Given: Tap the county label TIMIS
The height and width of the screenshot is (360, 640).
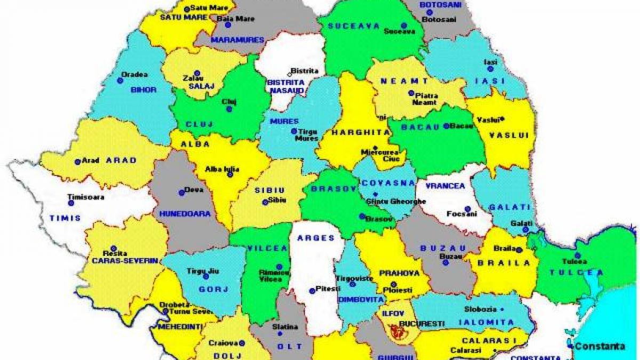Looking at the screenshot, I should pyautogui.click(x=65, y=218).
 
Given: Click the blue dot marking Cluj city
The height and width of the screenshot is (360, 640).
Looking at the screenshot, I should pyautogui.click(x=229, y=109).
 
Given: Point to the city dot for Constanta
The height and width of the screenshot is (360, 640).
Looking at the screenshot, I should pyautogui.click(x=571, y=346).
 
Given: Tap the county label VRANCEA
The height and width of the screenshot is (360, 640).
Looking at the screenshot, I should pyautogui.click(x=445, y=186).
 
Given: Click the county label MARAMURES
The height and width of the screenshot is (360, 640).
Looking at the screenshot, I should pyautogui.click(x=230, y=39).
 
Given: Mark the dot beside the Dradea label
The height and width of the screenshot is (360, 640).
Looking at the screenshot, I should pyautogui.click(x=120, y=81).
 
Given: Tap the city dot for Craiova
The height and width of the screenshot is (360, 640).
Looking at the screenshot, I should pyautogui.click(x=242, y=343).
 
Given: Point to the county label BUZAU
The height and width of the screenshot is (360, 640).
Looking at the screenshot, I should pyautogui.click(x=443, y=248).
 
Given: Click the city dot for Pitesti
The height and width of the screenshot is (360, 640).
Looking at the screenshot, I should pyautogui.click(x=312, y=291).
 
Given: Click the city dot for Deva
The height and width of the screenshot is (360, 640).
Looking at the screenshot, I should pyautogui.click(x=181, y=193).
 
